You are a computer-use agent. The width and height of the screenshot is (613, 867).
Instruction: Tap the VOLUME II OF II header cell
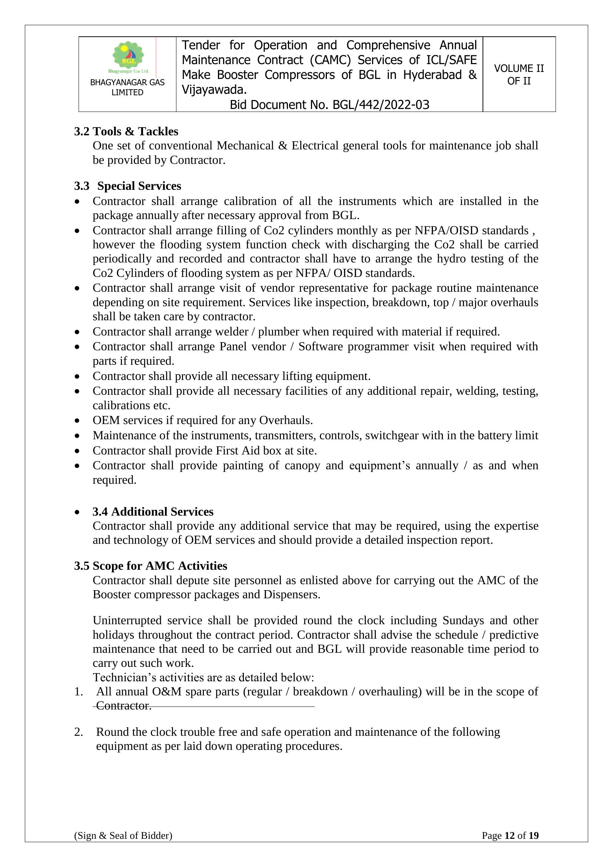pyautogui.click(x=518, y=75)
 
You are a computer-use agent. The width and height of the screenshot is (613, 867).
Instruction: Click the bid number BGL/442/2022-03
pyautogui.click(x=381, y=105)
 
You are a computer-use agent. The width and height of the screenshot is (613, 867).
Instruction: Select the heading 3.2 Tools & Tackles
pyautogui.click(x=126, y=132)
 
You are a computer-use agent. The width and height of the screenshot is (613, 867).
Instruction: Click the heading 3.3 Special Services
pyautogui.click(x=127, y=186)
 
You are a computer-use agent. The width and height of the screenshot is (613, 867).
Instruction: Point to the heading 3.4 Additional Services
pyautogui.click(x=153, y=511)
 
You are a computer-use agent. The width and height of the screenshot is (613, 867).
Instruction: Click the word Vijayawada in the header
pyautogui.click(x=213, y=89)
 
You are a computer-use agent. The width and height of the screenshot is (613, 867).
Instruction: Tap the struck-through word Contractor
pyautogui.click(x=123, y=705)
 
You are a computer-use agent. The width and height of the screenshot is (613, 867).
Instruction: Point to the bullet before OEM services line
pyautogui.click(x=77, y=421)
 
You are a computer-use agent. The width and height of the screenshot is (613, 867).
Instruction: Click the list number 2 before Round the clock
pyautogui.click(x=78, y=732)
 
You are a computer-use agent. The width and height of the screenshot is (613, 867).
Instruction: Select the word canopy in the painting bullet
pyautogui.click(x=301, y=465)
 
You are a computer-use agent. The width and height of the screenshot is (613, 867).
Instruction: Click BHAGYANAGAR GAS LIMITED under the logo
pyautogui.click(x=127, y=87)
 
